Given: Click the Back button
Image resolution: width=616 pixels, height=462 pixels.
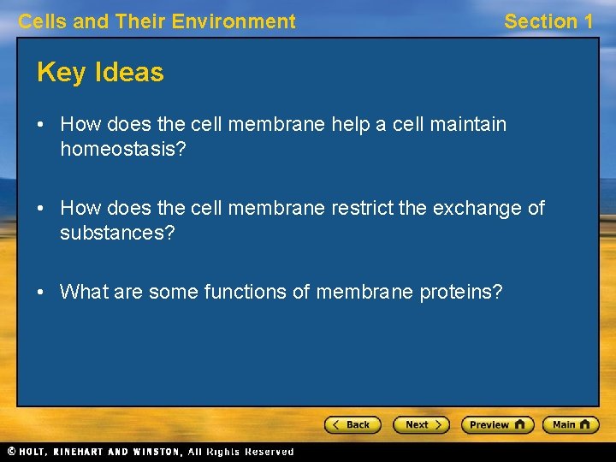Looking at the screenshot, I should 352,424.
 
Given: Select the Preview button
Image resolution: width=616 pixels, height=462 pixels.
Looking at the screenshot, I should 497,424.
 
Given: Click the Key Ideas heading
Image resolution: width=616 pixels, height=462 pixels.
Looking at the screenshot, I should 100,73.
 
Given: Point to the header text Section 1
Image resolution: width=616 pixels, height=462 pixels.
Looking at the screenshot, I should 548,21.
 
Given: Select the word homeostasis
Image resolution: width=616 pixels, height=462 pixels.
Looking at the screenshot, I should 121,149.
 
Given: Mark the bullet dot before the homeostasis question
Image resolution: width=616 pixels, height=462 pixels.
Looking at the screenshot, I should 41,125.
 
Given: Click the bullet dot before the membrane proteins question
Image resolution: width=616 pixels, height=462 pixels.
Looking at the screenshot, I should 41,293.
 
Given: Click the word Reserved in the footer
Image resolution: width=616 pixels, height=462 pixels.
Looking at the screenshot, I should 269,451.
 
